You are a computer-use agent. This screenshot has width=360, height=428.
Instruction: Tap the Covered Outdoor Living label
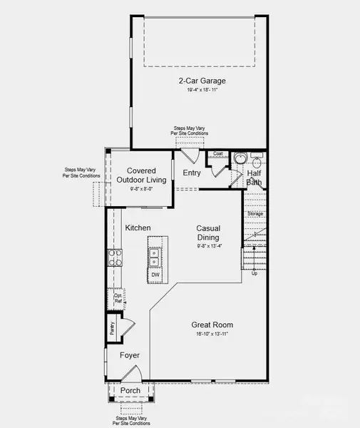tap(146, 175)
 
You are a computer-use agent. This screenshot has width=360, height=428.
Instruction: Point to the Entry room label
tap(192, 173)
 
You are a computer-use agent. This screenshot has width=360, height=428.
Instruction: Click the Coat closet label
tap(217, 153)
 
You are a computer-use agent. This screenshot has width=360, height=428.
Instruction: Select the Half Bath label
tap(254, 178)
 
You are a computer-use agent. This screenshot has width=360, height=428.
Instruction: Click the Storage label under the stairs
tap(255, 214)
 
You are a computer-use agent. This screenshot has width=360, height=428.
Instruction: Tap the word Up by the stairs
tap(254, 272)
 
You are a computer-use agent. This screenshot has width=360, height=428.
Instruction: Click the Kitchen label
tap(138, 228)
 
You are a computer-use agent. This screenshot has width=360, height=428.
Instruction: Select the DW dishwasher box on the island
tap(155, 275)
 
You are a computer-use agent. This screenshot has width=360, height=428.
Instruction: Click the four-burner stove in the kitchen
tap(113, 258)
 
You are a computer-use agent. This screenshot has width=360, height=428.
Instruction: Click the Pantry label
tap(113, 328)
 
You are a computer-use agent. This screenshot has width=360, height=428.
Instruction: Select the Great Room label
tap(212, 325)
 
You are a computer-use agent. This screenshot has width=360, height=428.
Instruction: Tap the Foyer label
tap(130, 355)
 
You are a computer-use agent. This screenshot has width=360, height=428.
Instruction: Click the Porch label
tap(130, 391)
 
